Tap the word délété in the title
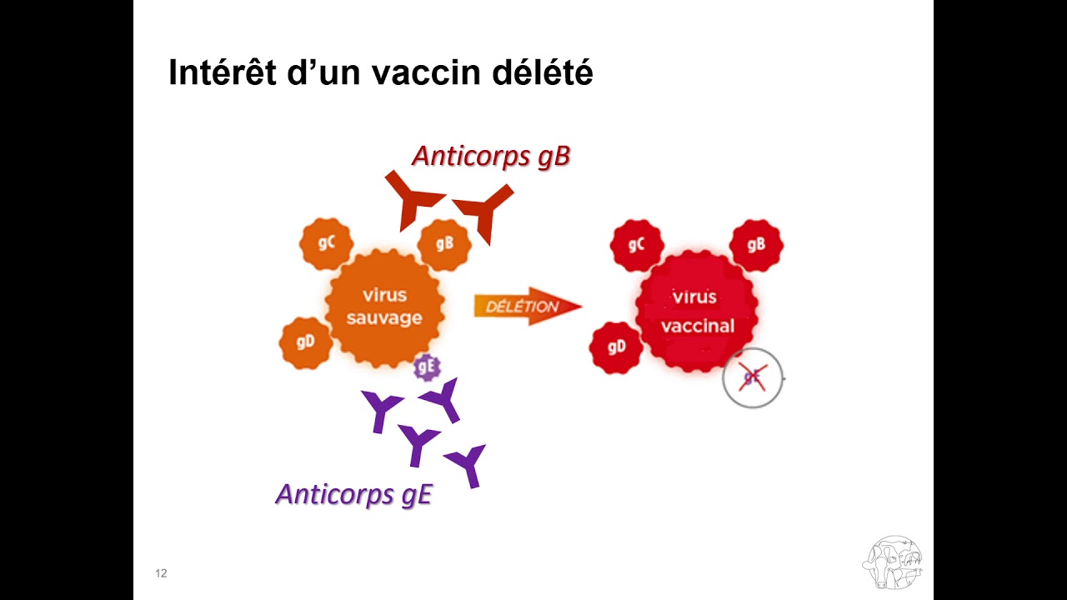tap(543, 72)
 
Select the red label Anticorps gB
tap(491, 156)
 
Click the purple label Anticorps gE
tap(354, 495)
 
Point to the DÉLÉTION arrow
tap(528, 306)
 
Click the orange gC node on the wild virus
tap(326, 244)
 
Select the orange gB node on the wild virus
tap(444, 245)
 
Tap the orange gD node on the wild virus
tap(305, 342)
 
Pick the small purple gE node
tap(427, 367)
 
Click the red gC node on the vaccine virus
tap(637, 246)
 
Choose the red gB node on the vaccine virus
tap(756, 245)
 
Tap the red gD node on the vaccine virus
tap(616, 347)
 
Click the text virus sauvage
tap(384, 306)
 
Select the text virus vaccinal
tap(698, 312)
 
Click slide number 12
tap(161, 573)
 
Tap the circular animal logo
tap(892, 562)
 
